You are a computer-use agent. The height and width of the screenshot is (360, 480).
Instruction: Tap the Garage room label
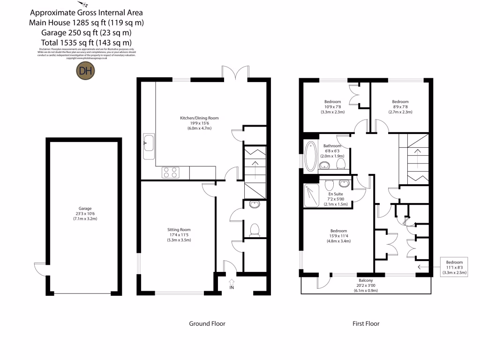tap(85, 214)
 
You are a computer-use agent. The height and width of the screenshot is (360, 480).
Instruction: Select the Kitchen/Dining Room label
tap(199, 123)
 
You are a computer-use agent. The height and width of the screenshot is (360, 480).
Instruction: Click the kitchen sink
tap(149, 143)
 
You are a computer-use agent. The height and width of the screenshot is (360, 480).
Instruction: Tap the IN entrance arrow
tap(232, 284)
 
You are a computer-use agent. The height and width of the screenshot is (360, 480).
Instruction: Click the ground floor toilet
tap(255, 229)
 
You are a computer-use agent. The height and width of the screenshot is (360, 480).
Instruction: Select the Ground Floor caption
tap(207, 323)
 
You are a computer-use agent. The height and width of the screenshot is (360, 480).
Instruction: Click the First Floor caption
tap(366, 323)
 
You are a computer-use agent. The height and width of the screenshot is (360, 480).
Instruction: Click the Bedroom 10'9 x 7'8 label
tap(332, 107)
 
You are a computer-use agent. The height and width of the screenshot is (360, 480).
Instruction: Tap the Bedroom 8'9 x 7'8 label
tap(400, 107)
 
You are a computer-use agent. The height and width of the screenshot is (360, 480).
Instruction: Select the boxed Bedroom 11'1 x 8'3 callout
tap(454, 268)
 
